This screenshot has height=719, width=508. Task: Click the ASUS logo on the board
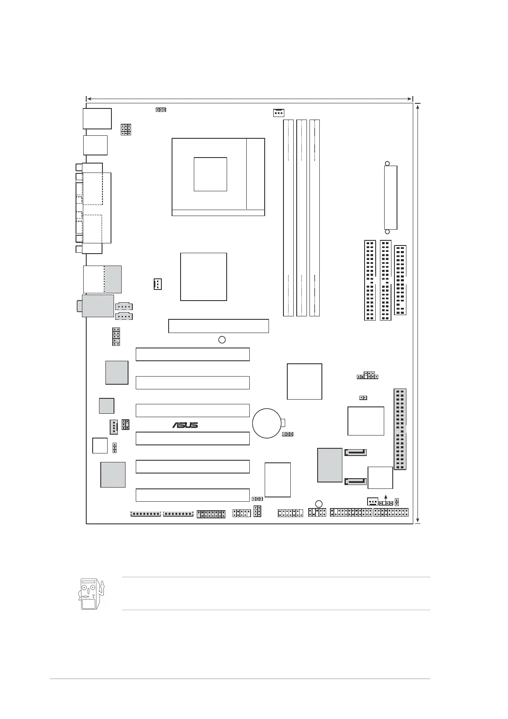coord(185,425)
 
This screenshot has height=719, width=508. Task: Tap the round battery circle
coord(267,423)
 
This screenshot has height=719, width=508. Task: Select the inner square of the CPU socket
coord(210,174)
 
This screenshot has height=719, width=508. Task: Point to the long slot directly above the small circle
coord(219,326)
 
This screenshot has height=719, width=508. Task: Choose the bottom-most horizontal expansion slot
coord(193,495)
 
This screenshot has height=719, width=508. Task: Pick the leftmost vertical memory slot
coord(289,218)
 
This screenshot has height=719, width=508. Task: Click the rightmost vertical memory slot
coord(315,218)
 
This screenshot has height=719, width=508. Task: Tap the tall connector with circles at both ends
coord(391,198)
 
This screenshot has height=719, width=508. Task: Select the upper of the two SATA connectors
coord(356,452)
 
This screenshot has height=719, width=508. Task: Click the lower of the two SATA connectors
coord(356,482)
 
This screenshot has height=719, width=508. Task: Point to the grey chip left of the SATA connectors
coord(330,465)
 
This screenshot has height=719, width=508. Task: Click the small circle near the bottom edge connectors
coord(319,504)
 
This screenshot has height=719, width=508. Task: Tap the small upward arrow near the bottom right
coord(386,497)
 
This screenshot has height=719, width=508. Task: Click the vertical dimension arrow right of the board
coord(418,313)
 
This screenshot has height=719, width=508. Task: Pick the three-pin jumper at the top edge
coord(161,110)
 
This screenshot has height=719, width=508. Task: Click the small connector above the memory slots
coord(278,113)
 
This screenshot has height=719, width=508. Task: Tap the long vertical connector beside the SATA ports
coord(400,430)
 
